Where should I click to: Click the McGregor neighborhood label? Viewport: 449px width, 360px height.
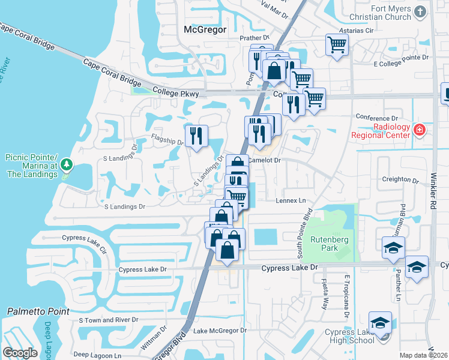click(x=205, y=29)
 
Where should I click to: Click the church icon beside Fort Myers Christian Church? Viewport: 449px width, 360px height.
click(x=420, y=11)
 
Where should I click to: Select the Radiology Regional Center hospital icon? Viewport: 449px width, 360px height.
click(x=419, y=130)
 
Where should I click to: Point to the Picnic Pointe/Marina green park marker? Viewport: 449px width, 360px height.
click(x=67, y=163)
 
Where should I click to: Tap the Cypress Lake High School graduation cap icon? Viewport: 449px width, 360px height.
click(x=380, y=323)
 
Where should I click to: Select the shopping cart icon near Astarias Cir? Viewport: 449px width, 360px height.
click(x=337, y=44)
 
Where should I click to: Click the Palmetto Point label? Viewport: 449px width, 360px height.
click(x=38, y=311)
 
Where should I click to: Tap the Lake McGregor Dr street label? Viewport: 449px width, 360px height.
click(x=220, y=331)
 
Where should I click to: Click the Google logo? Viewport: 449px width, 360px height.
click(x=20, y=353)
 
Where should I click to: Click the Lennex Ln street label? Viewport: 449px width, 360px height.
click(x=291, y=200)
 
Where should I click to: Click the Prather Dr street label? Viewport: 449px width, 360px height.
click(x=256, y=37)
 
